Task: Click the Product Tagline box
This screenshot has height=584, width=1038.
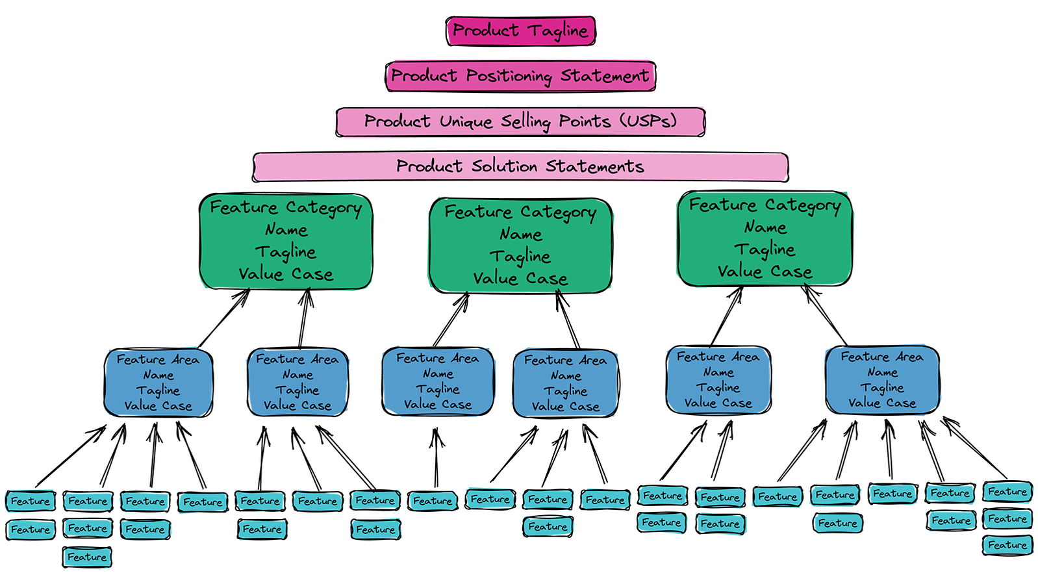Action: point(520,31)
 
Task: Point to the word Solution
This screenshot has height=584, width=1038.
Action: point(504,166)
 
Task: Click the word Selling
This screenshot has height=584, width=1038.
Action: point(525,121)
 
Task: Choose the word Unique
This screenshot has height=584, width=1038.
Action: point(466,121)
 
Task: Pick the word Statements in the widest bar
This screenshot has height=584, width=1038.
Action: point(594,166)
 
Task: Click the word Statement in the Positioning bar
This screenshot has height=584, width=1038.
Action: point(604,76)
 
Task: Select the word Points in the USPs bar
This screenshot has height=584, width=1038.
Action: point(585,121)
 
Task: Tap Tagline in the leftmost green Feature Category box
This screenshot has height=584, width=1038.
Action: point(286,252)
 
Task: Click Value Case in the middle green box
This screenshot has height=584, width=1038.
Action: point(520,279)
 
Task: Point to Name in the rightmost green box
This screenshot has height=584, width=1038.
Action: point(765,227)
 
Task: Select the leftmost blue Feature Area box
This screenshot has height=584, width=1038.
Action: point(158,383)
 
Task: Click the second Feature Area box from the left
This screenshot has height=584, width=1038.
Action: point(297,383)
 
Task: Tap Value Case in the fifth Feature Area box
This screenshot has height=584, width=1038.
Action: point(718,403)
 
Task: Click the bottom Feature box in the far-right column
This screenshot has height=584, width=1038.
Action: point(1007,545)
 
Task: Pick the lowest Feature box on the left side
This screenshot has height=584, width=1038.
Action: point(87,557)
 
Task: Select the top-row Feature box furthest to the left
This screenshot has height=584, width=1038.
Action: point(30,501)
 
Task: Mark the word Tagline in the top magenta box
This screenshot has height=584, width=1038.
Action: point(557,31)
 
